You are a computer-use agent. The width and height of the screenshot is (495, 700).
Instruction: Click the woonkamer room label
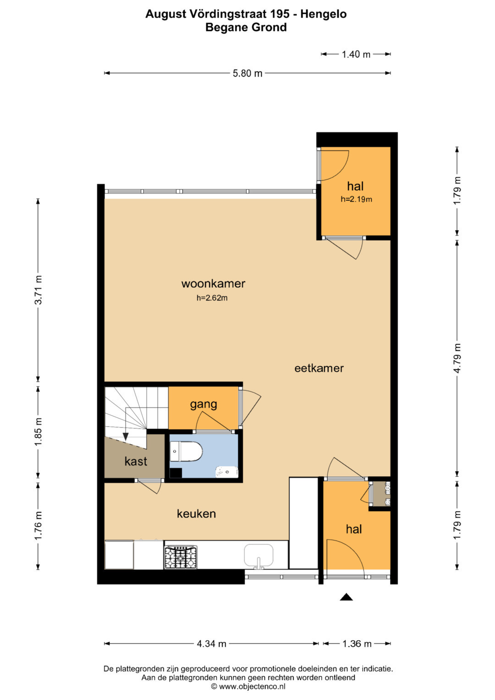point(213,284)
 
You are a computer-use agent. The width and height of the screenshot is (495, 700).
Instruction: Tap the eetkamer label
point(319,368)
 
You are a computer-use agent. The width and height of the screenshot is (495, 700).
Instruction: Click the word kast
point(136,461)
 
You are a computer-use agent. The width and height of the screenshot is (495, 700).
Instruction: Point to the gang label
point(203,404)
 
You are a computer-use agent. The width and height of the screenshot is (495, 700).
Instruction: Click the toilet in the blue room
point(186,451)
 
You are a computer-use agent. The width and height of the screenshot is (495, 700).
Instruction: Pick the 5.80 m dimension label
point(247,73)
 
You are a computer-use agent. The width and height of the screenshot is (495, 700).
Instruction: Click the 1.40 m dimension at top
point(356,55)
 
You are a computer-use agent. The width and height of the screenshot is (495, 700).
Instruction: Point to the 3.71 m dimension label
point(38,290)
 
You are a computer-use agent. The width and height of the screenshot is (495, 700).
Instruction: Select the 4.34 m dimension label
point(212,644)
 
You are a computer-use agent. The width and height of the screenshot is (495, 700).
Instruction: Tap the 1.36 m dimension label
point(357,644)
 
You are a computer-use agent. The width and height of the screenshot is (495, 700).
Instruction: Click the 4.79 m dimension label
point(457,358)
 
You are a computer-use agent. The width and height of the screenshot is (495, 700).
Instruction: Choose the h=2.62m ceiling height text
point(212,298)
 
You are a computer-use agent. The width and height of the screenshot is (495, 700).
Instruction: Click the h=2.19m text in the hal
point(356,199)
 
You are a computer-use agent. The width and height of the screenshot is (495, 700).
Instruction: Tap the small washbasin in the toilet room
point(227,472)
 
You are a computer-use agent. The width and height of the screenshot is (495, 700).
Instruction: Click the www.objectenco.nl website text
point(252,686)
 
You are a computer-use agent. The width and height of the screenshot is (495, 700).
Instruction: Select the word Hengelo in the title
point(324,14)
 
